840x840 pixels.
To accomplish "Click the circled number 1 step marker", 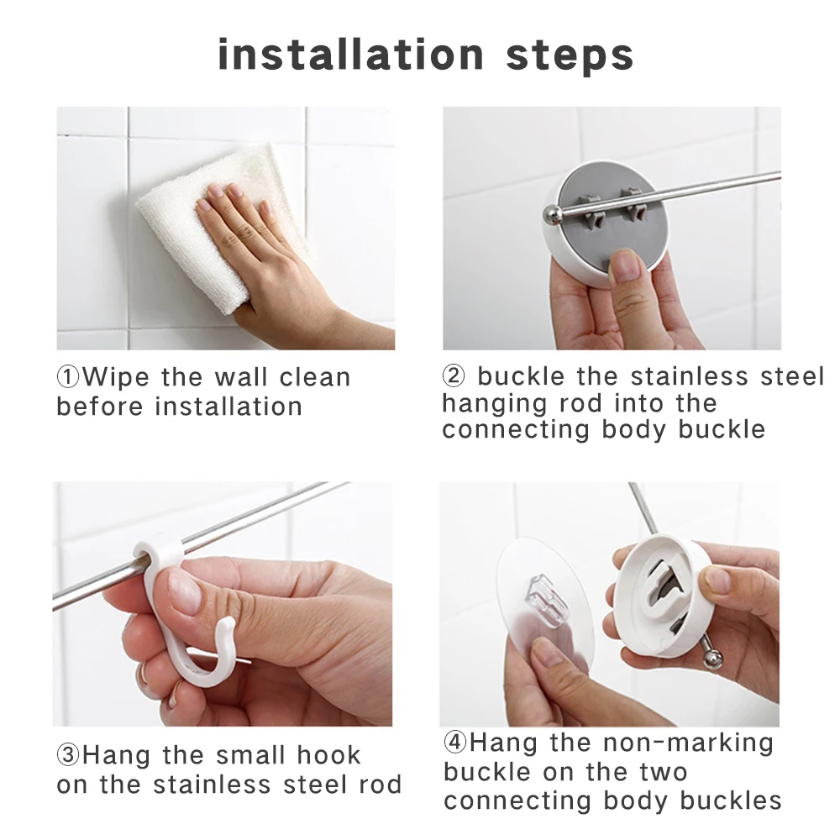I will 69,377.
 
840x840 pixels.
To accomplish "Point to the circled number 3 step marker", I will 68,755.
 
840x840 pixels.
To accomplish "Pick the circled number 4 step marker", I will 455,743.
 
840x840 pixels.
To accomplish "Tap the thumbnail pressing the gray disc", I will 626,266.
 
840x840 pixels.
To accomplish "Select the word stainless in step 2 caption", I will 681,376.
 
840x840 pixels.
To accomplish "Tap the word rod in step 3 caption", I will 378,785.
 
